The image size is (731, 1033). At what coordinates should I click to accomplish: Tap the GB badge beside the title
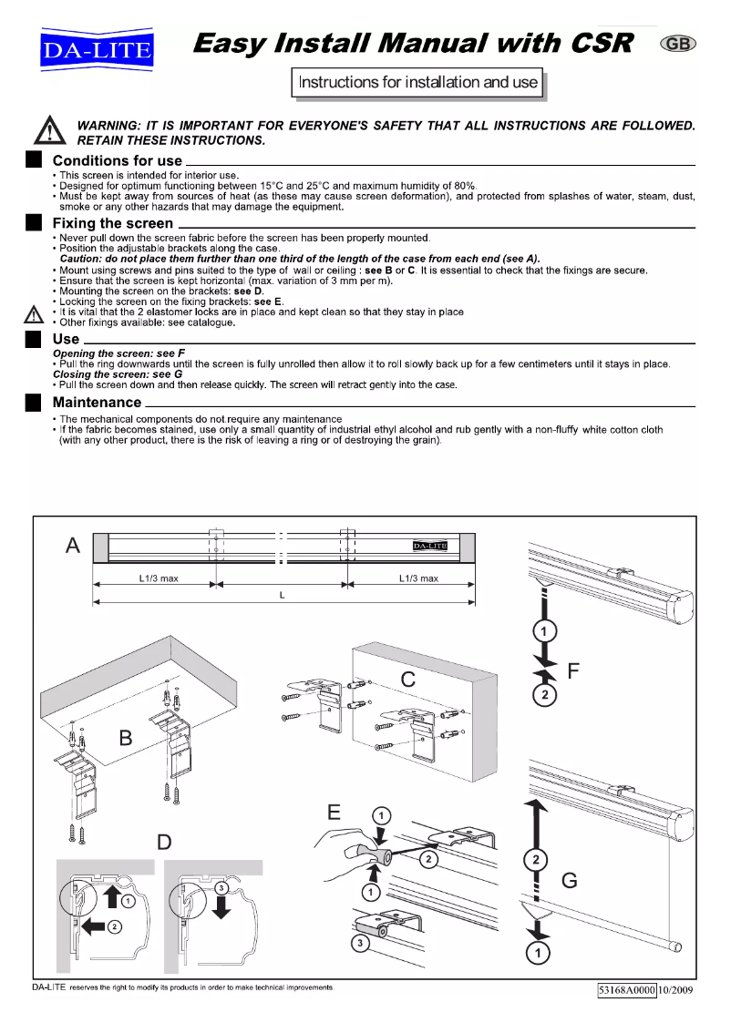[x=675, y=45]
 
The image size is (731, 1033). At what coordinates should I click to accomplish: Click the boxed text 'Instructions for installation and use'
[x=418, y=83]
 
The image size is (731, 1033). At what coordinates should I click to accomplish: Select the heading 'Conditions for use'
[x=117, y=161]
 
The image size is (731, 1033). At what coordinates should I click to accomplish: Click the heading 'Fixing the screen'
[x=112, y=223]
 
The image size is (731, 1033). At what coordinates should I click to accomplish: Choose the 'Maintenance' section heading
[x=97, y=402]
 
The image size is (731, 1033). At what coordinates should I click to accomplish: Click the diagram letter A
[x=73, y=546]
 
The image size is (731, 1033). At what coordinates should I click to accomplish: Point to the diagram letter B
[x=127, y=738]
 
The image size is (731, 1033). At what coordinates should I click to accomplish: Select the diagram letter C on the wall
[x=409, y=679]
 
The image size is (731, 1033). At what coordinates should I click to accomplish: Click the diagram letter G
[x=570, y=881]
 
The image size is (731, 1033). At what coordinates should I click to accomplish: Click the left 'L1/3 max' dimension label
[x=159, y=578]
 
